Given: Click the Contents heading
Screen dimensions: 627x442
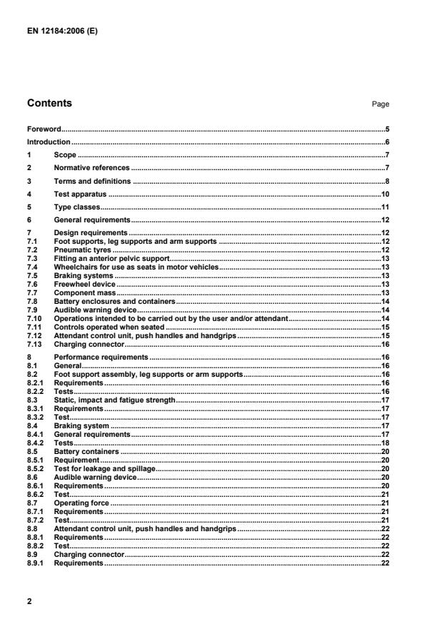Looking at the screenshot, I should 49,104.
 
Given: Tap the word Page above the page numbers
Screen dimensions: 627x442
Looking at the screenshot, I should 381,104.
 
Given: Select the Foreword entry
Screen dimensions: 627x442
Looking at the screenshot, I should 44,130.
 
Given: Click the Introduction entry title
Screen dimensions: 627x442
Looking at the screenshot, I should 49,142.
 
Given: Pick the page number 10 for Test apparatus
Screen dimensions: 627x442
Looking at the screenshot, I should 384,194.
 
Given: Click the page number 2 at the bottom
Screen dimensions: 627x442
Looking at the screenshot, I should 29,601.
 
